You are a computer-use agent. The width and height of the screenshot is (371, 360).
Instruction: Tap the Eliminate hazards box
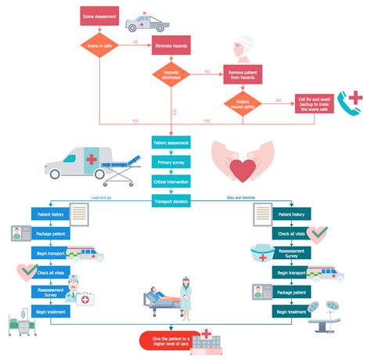[171, 46]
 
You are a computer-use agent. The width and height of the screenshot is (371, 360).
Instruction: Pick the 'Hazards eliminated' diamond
[171, 74]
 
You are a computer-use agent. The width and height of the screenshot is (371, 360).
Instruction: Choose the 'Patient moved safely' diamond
[243, 103]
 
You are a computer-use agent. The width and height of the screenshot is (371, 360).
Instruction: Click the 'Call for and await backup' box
[316, 103]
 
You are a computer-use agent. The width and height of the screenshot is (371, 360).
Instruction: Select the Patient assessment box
[171, 143]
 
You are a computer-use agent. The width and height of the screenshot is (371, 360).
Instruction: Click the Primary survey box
[171, 162]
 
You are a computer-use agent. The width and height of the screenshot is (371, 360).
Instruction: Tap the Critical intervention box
[171, 181]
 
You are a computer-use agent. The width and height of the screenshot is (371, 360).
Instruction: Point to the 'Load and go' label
[103, 197]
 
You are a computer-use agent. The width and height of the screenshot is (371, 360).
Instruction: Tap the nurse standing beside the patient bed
[186, 296]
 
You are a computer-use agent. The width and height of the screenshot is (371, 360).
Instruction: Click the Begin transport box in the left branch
[52, 253]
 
